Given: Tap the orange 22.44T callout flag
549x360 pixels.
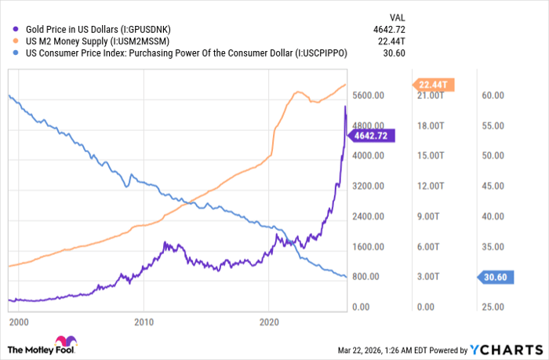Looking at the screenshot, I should (433, 85).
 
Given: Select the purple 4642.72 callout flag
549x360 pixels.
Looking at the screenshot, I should (373, 135).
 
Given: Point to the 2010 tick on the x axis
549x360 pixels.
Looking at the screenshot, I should (143, 322).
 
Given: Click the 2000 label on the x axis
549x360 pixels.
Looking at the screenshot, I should (18, 322).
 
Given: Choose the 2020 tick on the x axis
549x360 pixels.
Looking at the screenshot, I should (269, 322).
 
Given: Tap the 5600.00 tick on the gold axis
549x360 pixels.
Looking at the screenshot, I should (368, 95).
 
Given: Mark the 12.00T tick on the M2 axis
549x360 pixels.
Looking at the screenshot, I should (433, 186).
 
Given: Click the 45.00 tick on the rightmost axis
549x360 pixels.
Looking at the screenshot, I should (491, 186).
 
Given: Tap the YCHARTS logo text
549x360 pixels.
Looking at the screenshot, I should (514, 349).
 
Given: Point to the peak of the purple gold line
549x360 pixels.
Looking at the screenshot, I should (346, 106).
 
